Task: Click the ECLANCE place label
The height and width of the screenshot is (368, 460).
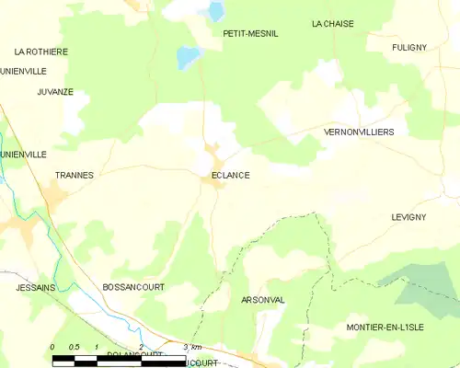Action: pyautogui.click(x=229, y=175)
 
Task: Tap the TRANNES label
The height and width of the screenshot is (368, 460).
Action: pyautogui.click(x=75, y=174)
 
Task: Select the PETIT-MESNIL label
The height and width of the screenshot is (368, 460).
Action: pyautogui.click(x=250, y=33)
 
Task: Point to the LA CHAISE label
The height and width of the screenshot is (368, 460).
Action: pyautogui.click(x=332, y=24)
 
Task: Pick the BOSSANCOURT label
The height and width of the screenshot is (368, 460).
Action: pyautogui.click(x=133, y=287)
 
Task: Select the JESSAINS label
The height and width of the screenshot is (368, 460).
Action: pyautogui.click(x=36, y=287)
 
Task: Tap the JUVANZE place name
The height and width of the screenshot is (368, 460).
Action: pyautogui.click(x=55, y=92)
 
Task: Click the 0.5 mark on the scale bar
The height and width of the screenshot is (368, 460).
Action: pyautogui.click(x=74, y=346)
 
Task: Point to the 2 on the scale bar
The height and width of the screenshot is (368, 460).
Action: pyautogui.click(x=140, y=346)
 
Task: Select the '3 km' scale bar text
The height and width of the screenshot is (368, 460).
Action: pyautogui.click(x=192, y=346)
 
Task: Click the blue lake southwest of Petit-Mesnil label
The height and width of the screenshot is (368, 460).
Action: pyautogui.click(x=188, y=57)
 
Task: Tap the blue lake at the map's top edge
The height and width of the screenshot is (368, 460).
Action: pyautogui.click(x=216, y=11)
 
